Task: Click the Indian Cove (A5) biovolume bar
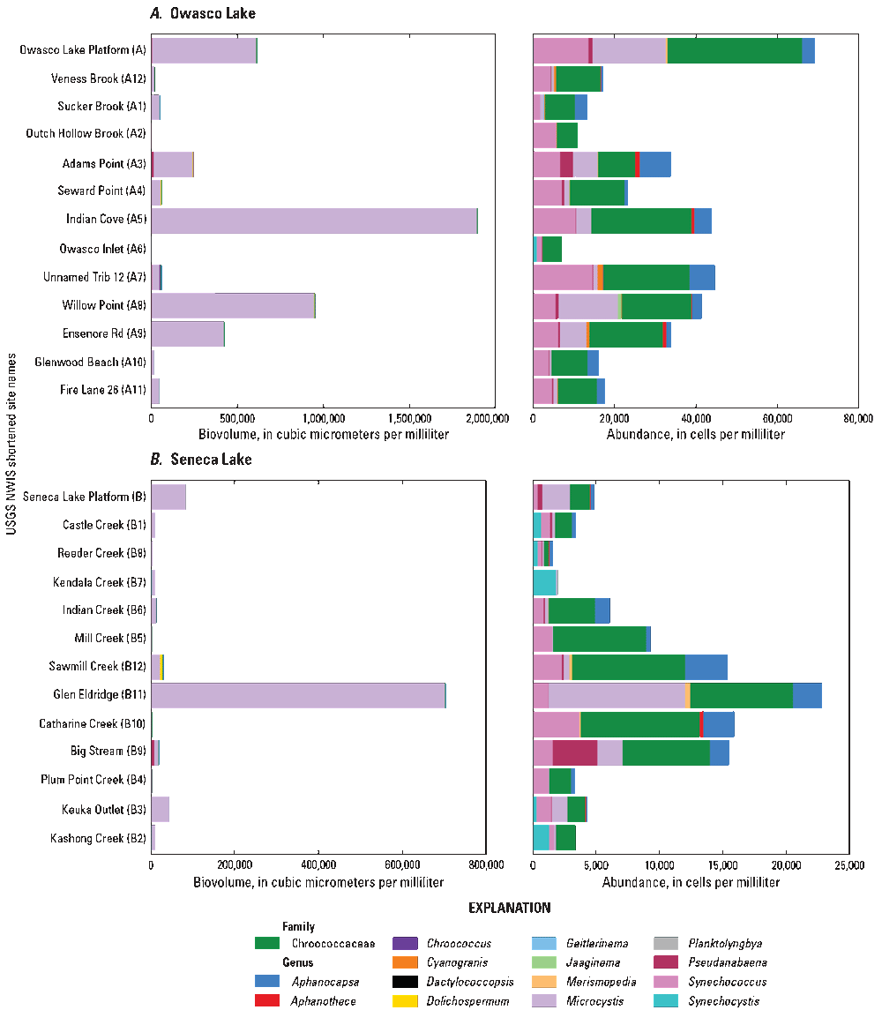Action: point(314,221)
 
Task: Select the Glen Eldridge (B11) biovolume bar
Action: point(298,695)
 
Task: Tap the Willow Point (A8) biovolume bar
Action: point(233,306)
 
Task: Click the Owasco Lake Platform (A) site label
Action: point(83,50)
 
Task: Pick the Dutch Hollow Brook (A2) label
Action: point(86,135)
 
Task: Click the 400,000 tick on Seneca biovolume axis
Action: point(318,865)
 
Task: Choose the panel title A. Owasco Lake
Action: point(203,13)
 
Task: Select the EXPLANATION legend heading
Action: point(510,908)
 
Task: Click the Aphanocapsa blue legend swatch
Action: point(267,981)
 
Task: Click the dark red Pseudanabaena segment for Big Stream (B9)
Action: point(574,752)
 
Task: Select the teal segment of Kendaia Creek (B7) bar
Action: point(544,582)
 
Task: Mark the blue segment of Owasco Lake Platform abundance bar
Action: point(808,50)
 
